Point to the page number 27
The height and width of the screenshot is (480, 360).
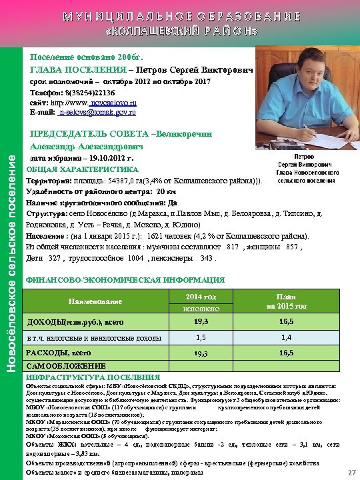[351, 472]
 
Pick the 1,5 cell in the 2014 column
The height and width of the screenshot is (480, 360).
[194, 337]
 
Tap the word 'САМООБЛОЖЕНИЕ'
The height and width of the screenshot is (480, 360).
[59, 367]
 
